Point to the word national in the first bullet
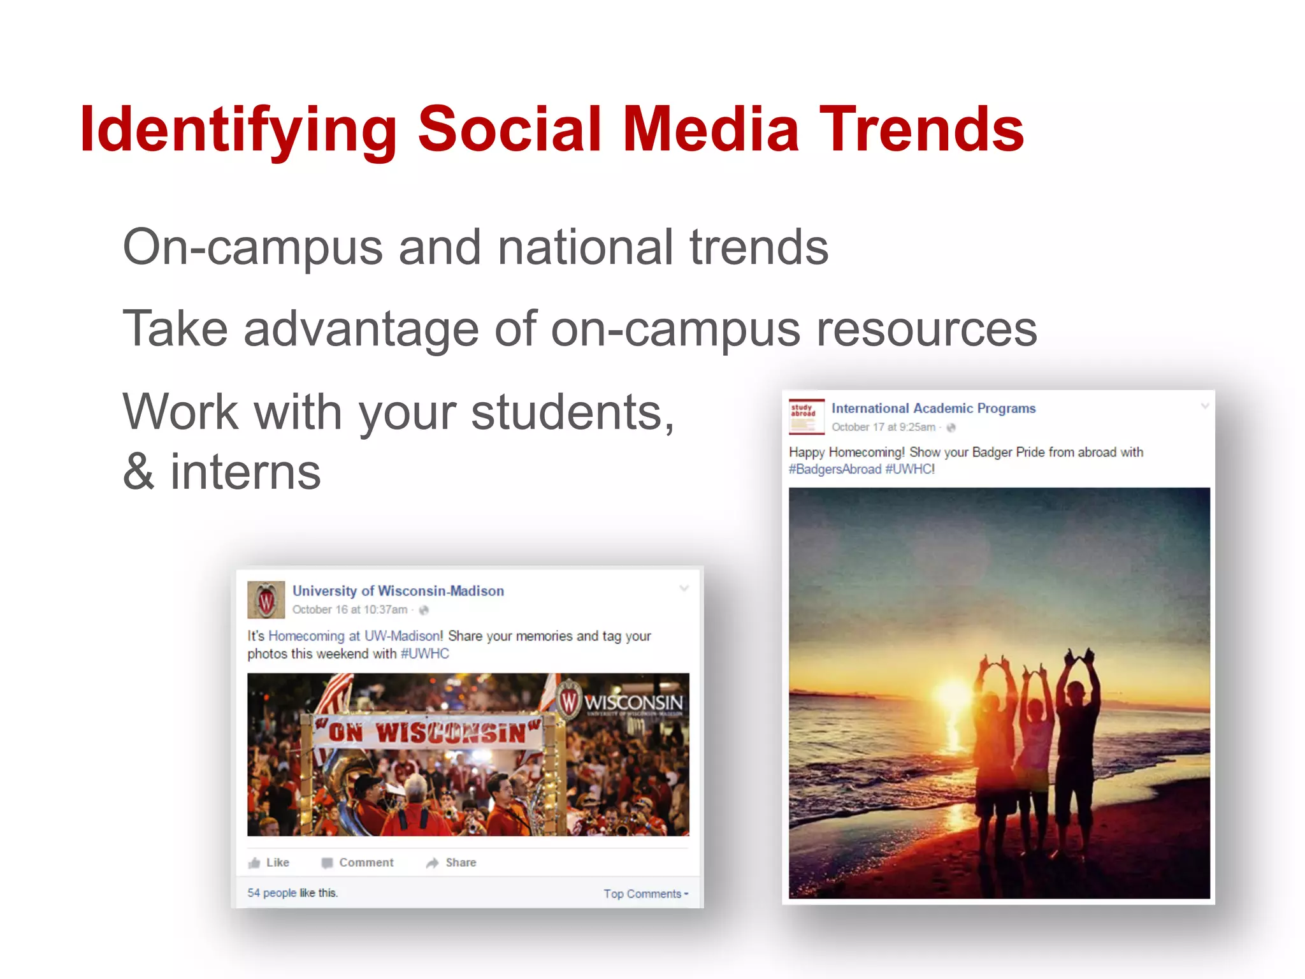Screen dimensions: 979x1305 coord(585,247)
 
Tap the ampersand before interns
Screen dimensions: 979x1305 coord(139,472)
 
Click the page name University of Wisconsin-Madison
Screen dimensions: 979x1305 coord(398,591)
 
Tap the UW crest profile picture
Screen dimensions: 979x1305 coord(266,600)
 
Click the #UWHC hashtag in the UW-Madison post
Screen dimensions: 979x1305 coord(425,654)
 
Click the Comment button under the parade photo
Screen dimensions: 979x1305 coord(358,862)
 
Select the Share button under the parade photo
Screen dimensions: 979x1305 coord(452,862)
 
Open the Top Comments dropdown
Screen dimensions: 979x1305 coord(645,894)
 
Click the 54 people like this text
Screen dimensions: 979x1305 coord(292,893)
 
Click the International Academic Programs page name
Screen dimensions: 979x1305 coord(934,409)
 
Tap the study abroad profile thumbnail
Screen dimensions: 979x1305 coord(806,416)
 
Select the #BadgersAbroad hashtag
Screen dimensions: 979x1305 coord(835,470)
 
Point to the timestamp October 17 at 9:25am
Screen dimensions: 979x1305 coord(883,427)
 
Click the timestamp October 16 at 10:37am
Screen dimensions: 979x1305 coord(350,610)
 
